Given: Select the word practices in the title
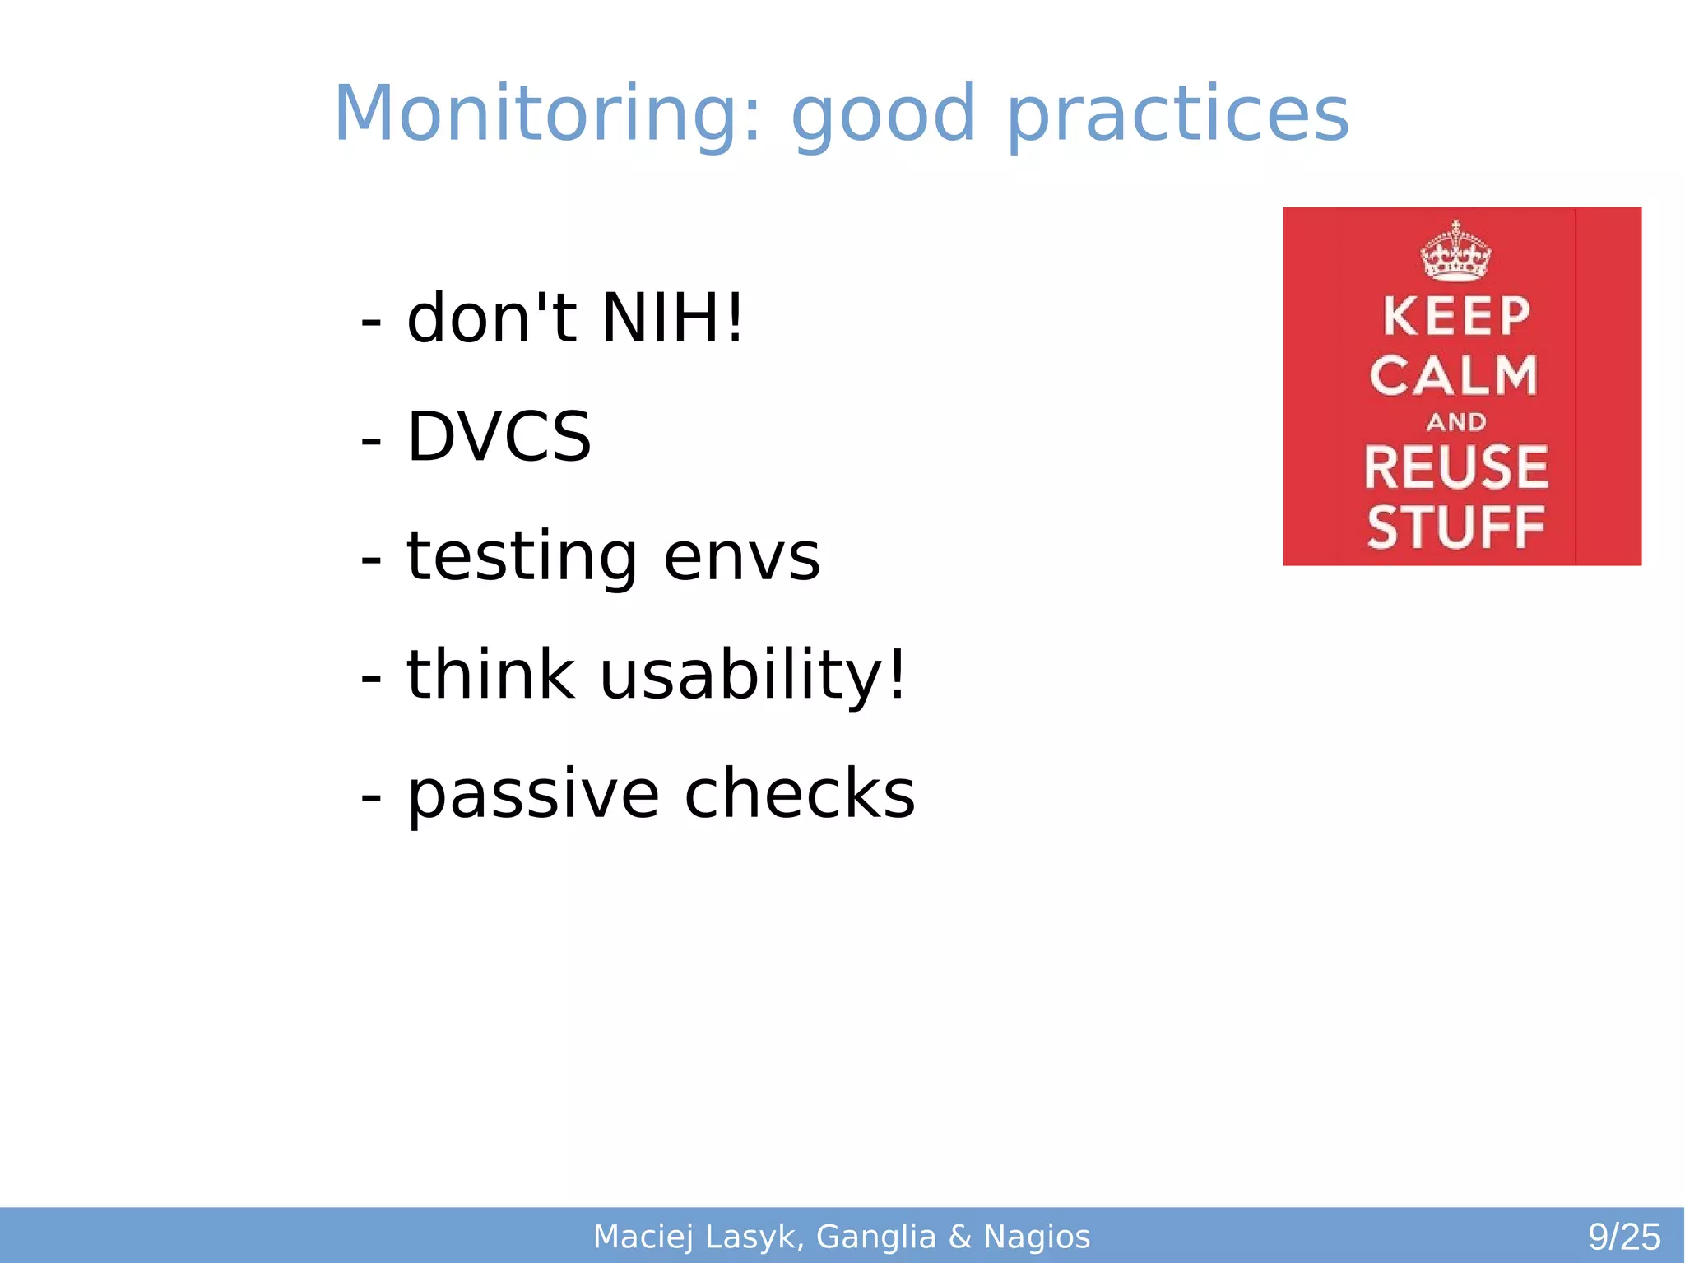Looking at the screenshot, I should click(x=1177, y=115).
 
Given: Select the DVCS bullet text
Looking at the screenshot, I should click(x=499, y=437).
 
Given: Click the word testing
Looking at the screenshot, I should click(x=522, y=557).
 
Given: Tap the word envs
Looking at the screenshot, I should click(x=741, y=557).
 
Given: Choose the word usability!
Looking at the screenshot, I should click(x=753, y=675).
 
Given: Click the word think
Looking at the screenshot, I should click(x=490, y=675).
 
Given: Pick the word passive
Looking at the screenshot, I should click(x=533, y=795).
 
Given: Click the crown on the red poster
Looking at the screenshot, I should click(x=1455, y=251).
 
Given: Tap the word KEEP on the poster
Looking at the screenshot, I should click(x=1455, y=316).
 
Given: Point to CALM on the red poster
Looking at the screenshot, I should click(x=1454, y=376).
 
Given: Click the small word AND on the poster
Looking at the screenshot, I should click(x=1455, y=422).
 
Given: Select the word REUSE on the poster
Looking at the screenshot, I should click(x=1455, y=467).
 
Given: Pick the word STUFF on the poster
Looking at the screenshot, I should click(x=1455, y=527).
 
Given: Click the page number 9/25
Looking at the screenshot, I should click(x=1623, y=1237).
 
